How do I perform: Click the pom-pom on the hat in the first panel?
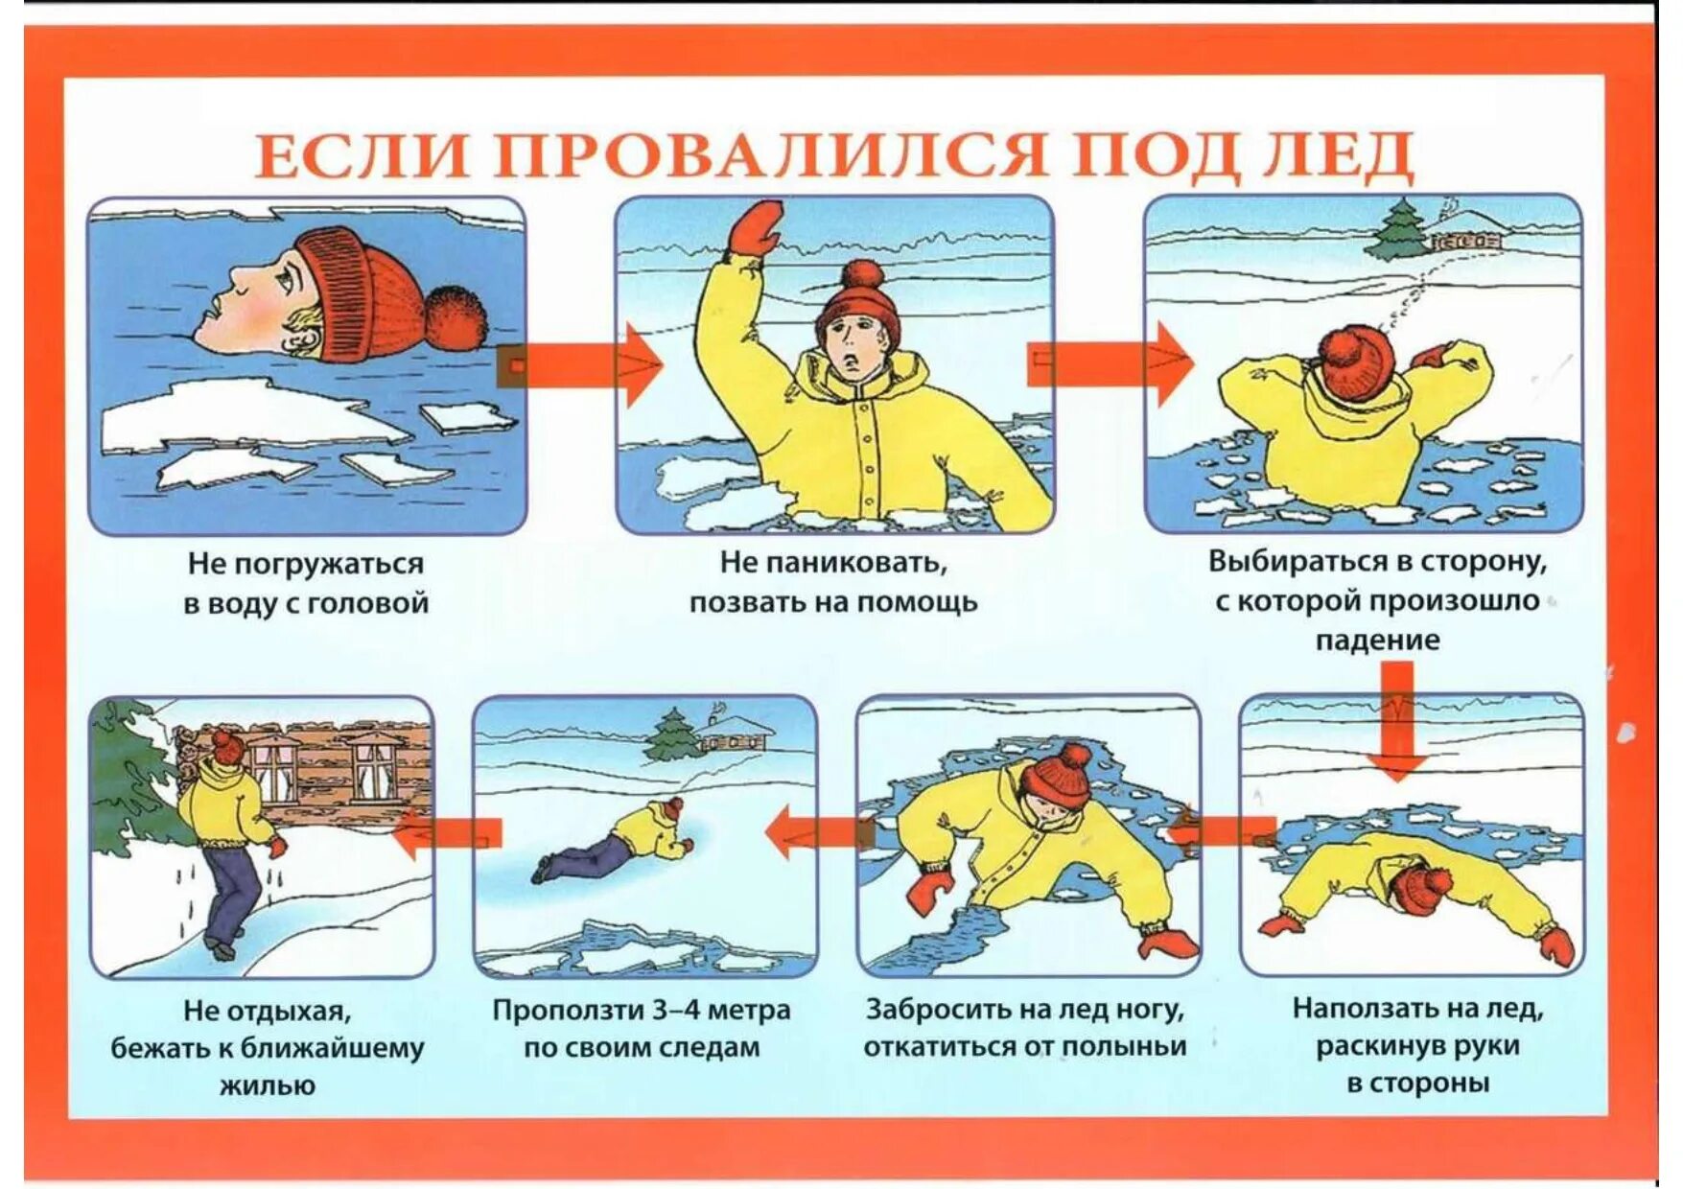(x=455, y=317)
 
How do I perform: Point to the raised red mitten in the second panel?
(x=756, y=227)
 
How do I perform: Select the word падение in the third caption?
(x=1377, y=640)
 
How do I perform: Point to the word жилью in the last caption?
(x=268, y=1085)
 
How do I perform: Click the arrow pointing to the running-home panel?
(x=447, y=833)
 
